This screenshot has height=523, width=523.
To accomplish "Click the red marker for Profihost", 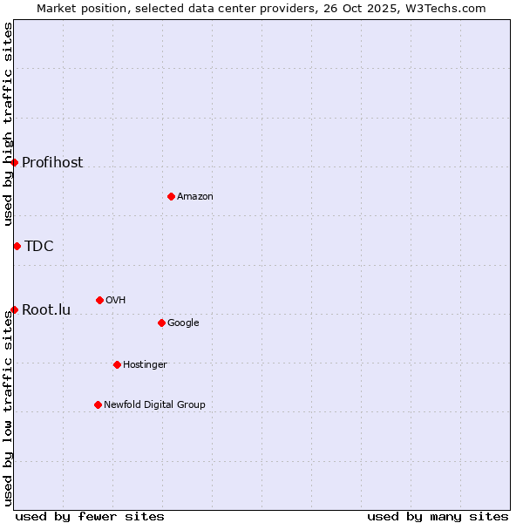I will point(14,162).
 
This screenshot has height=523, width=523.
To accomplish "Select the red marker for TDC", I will point(17,246).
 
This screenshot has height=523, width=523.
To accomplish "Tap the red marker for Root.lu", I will point(14,309).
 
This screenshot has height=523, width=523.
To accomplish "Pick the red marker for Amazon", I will point(171,196).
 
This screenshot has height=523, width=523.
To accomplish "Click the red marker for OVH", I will point(99,300).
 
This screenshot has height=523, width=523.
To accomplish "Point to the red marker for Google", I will point(161,323).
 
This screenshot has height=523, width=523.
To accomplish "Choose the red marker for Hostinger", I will point(117,364).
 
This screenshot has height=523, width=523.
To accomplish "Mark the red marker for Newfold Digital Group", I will point(98,404).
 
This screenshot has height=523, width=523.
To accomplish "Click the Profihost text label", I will point(52,162).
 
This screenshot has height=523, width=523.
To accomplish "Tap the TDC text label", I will point(39,246).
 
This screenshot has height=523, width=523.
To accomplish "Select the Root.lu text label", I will point(46,309).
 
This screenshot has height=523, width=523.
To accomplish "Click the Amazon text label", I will point(195,196).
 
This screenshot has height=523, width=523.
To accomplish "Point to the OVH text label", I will point(116,300).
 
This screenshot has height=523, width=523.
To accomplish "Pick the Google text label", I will point(183,323).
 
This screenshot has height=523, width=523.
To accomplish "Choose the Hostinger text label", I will point(145,364).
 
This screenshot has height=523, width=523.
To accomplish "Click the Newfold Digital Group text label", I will point(154,404).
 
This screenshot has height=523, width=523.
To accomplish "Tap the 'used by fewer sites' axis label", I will point(90,516).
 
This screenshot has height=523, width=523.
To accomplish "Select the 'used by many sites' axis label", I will point(438,516).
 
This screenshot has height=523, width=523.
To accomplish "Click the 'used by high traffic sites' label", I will point(8,124).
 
